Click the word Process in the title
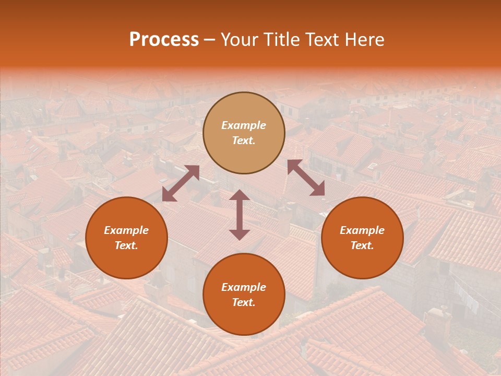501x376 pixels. click(164, 40)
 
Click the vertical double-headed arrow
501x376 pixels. click(240, 215)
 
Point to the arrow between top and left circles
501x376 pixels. click(181, 183)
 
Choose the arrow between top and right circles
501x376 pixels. click(306, 178)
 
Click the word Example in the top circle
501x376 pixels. click(244, 125)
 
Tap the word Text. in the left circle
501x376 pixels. click(126, 245)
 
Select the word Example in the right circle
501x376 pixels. click(362, 230)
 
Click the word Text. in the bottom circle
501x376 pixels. click(244, 302)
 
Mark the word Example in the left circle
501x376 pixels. click(126, 230)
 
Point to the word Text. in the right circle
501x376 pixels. click(362, 245)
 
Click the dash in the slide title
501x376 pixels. click(210, 40)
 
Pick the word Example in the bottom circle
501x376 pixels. click(244, 287)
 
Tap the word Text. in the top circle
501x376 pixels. click(244, 140)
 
